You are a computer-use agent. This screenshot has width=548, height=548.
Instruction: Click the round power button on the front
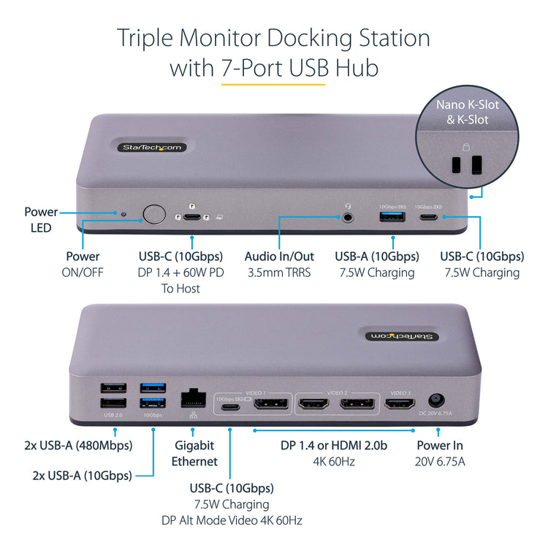point(154,214)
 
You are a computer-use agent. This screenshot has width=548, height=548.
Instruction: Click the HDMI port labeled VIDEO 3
point(400,403)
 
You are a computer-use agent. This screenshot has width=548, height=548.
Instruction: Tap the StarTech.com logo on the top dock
point(152,148)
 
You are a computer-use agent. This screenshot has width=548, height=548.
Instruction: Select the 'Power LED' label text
point(41,220)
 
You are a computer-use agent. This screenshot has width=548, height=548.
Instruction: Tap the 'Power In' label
point(439,445)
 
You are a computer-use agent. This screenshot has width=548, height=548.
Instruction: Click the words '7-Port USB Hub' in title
point(299,69)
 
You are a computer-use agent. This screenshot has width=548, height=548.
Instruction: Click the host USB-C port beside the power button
point(193,216)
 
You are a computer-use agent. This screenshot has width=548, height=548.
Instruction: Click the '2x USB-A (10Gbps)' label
point(83,475)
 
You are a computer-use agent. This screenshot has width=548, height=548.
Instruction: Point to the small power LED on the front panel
point(123,216)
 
